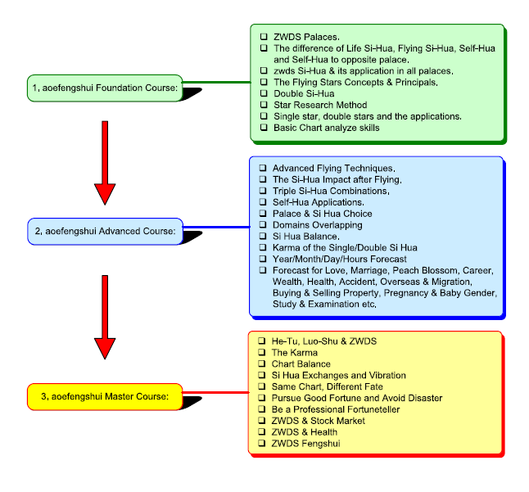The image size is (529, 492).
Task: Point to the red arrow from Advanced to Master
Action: pos(104,316)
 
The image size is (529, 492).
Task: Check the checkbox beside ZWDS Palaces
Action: pos(263,37)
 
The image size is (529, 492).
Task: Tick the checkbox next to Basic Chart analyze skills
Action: pos(263,128)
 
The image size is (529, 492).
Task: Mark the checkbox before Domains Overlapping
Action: pos(263,225)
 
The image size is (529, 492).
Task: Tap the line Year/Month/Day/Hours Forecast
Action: pos(339,259)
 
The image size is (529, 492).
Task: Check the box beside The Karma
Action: pos(263,352)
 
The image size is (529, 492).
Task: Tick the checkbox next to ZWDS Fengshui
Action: pos(263,444)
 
